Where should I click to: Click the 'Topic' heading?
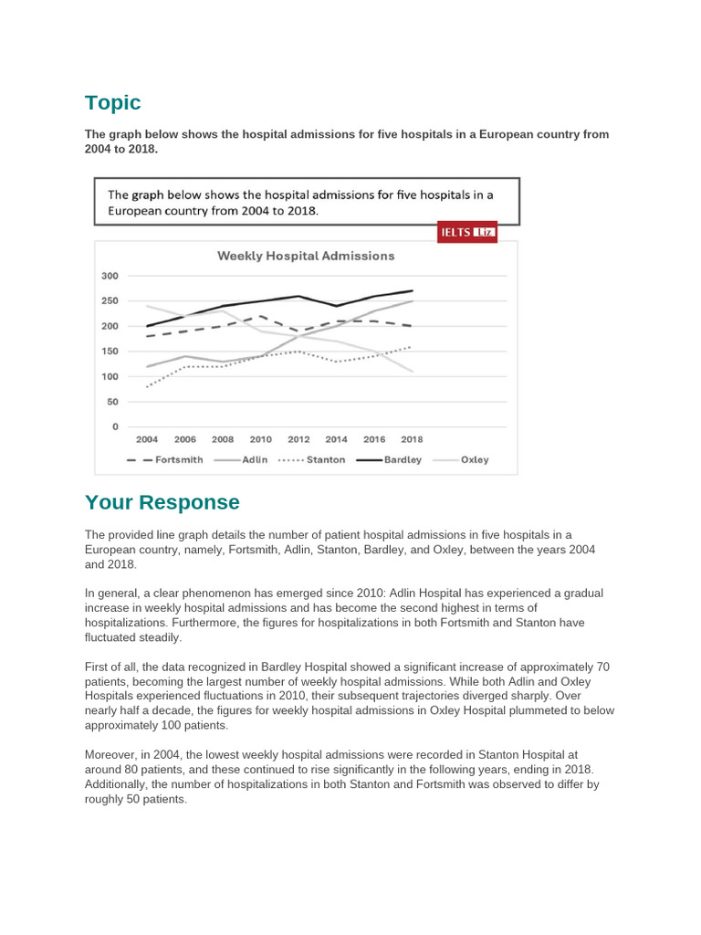(112, 102)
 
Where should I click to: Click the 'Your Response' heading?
(162, 502)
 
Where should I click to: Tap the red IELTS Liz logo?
(467, 232)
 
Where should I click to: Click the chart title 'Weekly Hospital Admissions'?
(306, 256)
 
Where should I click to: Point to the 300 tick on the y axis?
(110, 276)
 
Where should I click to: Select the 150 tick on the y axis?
(110, 352)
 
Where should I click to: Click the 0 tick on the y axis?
(115, 426)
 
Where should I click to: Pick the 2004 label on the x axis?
(147, 439)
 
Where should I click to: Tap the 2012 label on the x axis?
(298, 439)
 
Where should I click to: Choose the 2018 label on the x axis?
(412, 439)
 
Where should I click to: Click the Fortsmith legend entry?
(164, 460)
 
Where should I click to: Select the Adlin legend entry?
(243, 460)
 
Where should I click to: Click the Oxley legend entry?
(463, 460)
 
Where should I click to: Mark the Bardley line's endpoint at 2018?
(413, 290)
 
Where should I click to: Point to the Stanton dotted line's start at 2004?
(147, 386)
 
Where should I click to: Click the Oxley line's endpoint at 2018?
(413, 372)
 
